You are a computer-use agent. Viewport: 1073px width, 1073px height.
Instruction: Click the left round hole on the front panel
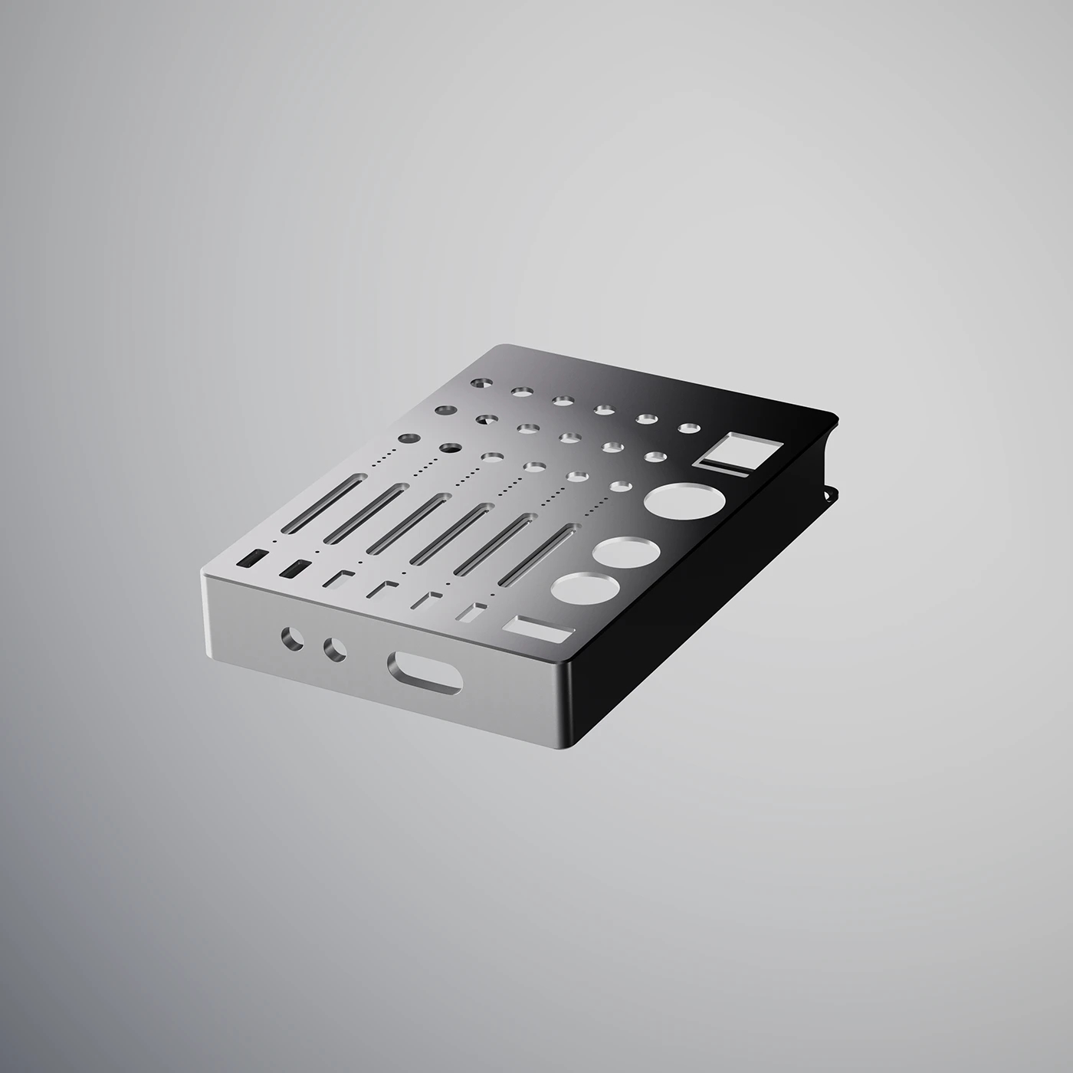tap(292, 638)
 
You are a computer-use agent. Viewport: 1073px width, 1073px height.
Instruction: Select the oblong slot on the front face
tap(426, 672)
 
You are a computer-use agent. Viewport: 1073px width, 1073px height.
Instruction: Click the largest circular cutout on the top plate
tap(684, 501)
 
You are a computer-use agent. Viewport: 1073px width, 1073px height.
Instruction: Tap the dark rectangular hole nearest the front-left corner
tap(251, 558)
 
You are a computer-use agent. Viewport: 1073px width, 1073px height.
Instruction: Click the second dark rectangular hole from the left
tap(295, 569)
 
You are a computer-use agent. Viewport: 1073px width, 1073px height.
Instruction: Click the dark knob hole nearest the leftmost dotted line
tap(409, 439)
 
